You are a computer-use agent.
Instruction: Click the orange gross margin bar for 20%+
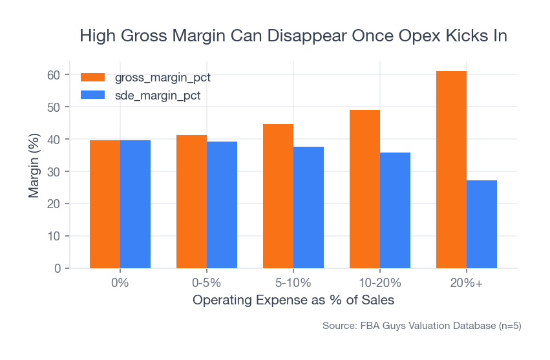click(451, 169)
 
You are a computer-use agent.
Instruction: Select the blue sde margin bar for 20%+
click(481, 224)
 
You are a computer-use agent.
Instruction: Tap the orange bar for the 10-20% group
click(365, 189)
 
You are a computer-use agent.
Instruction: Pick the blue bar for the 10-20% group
click(395, 210)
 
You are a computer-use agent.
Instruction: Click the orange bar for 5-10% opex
click(278, 196)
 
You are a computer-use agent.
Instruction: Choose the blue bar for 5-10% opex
click(308, 207)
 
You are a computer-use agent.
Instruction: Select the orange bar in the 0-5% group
click(191, 202)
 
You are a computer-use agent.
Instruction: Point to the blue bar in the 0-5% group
click(222, 205)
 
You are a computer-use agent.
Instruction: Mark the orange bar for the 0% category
click(105, 204)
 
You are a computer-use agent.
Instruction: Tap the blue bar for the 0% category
click(135, 204)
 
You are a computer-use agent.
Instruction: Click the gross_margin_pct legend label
click(162, 78)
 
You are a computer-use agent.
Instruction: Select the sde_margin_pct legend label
click(157, 96)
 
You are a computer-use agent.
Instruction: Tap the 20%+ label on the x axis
click(467, 283)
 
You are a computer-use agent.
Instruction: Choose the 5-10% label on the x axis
click(293, 283)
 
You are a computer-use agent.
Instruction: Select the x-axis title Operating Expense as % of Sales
click(293, 301)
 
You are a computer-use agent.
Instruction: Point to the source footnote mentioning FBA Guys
click(421, 326)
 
